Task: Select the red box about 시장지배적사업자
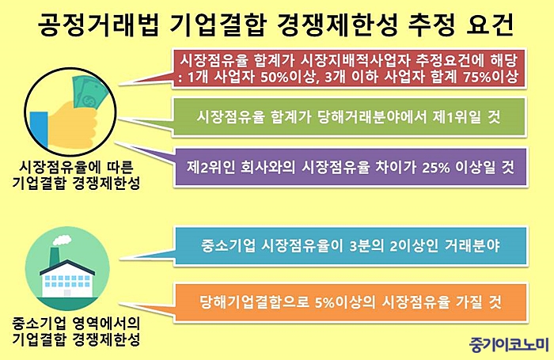[349, 69]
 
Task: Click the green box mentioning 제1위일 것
[349, 116]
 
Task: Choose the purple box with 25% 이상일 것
[350, 167]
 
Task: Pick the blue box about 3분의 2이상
[350, 245]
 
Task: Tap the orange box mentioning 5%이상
[351, 302]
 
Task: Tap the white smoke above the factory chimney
[62, 241]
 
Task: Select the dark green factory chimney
[55, 256]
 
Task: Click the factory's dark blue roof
[67, 267]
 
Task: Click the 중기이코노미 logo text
[509, 343]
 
